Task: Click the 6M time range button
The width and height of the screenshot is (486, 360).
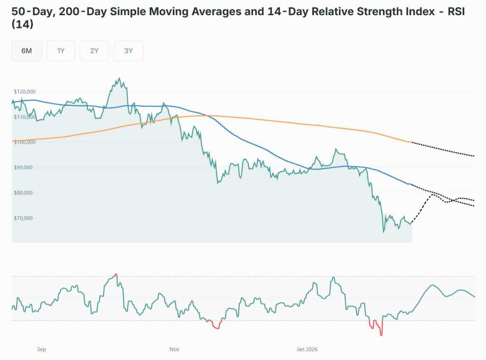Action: coord(27,51)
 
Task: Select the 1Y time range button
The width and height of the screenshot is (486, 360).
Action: coord(61,51)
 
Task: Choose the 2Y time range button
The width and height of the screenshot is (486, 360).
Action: coord(94,51)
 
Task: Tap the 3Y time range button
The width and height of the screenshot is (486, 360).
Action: coord(128,51)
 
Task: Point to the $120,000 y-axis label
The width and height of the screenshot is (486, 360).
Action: coord(25,92)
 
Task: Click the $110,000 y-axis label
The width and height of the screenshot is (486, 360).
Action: coord(25,117)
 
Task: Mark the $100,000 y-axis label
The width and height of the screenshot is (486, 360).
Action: coord(25,142)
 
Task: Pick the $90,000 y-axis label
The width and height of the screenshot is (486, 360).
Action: coord(25,167)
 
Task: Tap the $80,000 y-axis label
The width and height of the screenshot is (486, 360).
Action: coord(25,193)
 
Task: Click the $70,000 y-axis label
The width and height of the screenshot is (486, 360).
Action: coord(25,218)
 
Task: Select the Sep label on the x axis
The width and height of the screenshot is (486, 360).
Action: coord(42,350)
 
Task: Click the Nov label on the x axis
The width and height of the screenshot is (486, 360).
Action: coord(174,350)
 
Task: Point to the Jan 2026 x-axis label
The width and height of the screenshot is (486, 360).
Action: coord(307,350)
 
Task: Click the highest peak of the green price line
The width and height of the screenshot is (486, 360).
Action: coord(119,79)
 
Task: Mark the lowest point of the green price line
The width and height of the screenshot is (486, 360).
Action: coord(383,232)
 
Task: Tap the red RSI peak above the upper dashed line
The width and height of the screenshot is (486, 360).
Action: coord(116,275)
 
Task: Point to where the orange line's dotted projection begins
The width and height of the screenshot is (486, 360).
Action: coord(412,142)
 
